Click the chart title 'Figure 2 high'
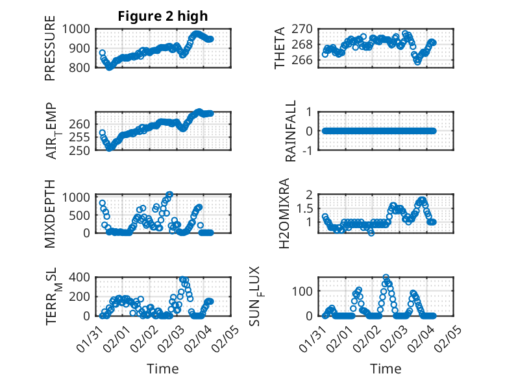tap(162, 16)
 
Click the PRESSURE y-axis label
tap(50, 53)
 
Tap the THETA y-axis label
tap(280, 48)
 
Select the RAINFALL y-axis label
tap(291, 131)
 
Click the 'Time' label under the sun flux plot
tap(386, 368)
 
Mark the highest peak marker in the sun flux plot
tap(386, 278)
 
